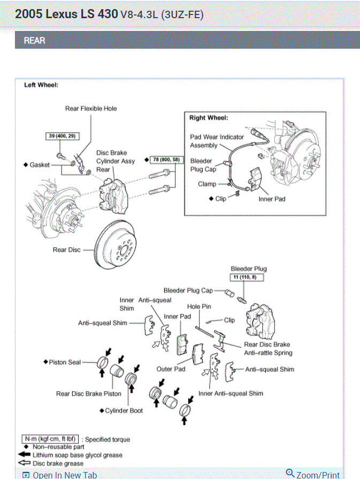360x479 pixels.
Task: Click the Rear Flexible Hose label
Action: click(91, 109)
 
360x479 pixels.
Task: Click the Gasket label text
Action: click(40, 165)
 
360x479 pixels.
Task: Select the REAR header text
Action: click(34, 40)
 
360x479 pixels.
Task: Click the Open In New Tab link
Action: click(64, 475)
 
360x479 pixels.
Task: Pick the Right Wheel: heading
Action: click(209, 118)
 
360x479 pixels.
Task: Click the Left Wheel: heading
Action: click(41, 85)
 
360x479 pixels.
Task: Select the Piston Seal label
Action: click(65, 362)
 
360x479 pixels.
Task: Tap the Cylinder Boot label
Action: click(124, 410)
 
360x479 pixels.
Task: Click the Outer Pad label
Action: click(171, 369)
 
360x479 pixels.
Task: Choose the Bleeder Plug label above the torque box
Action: click(249, 269)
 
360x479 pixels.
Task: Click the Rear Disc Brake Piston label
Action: click(89, 394)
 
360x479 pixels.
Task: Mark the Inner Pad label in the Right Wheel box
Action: click(272, 199)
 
